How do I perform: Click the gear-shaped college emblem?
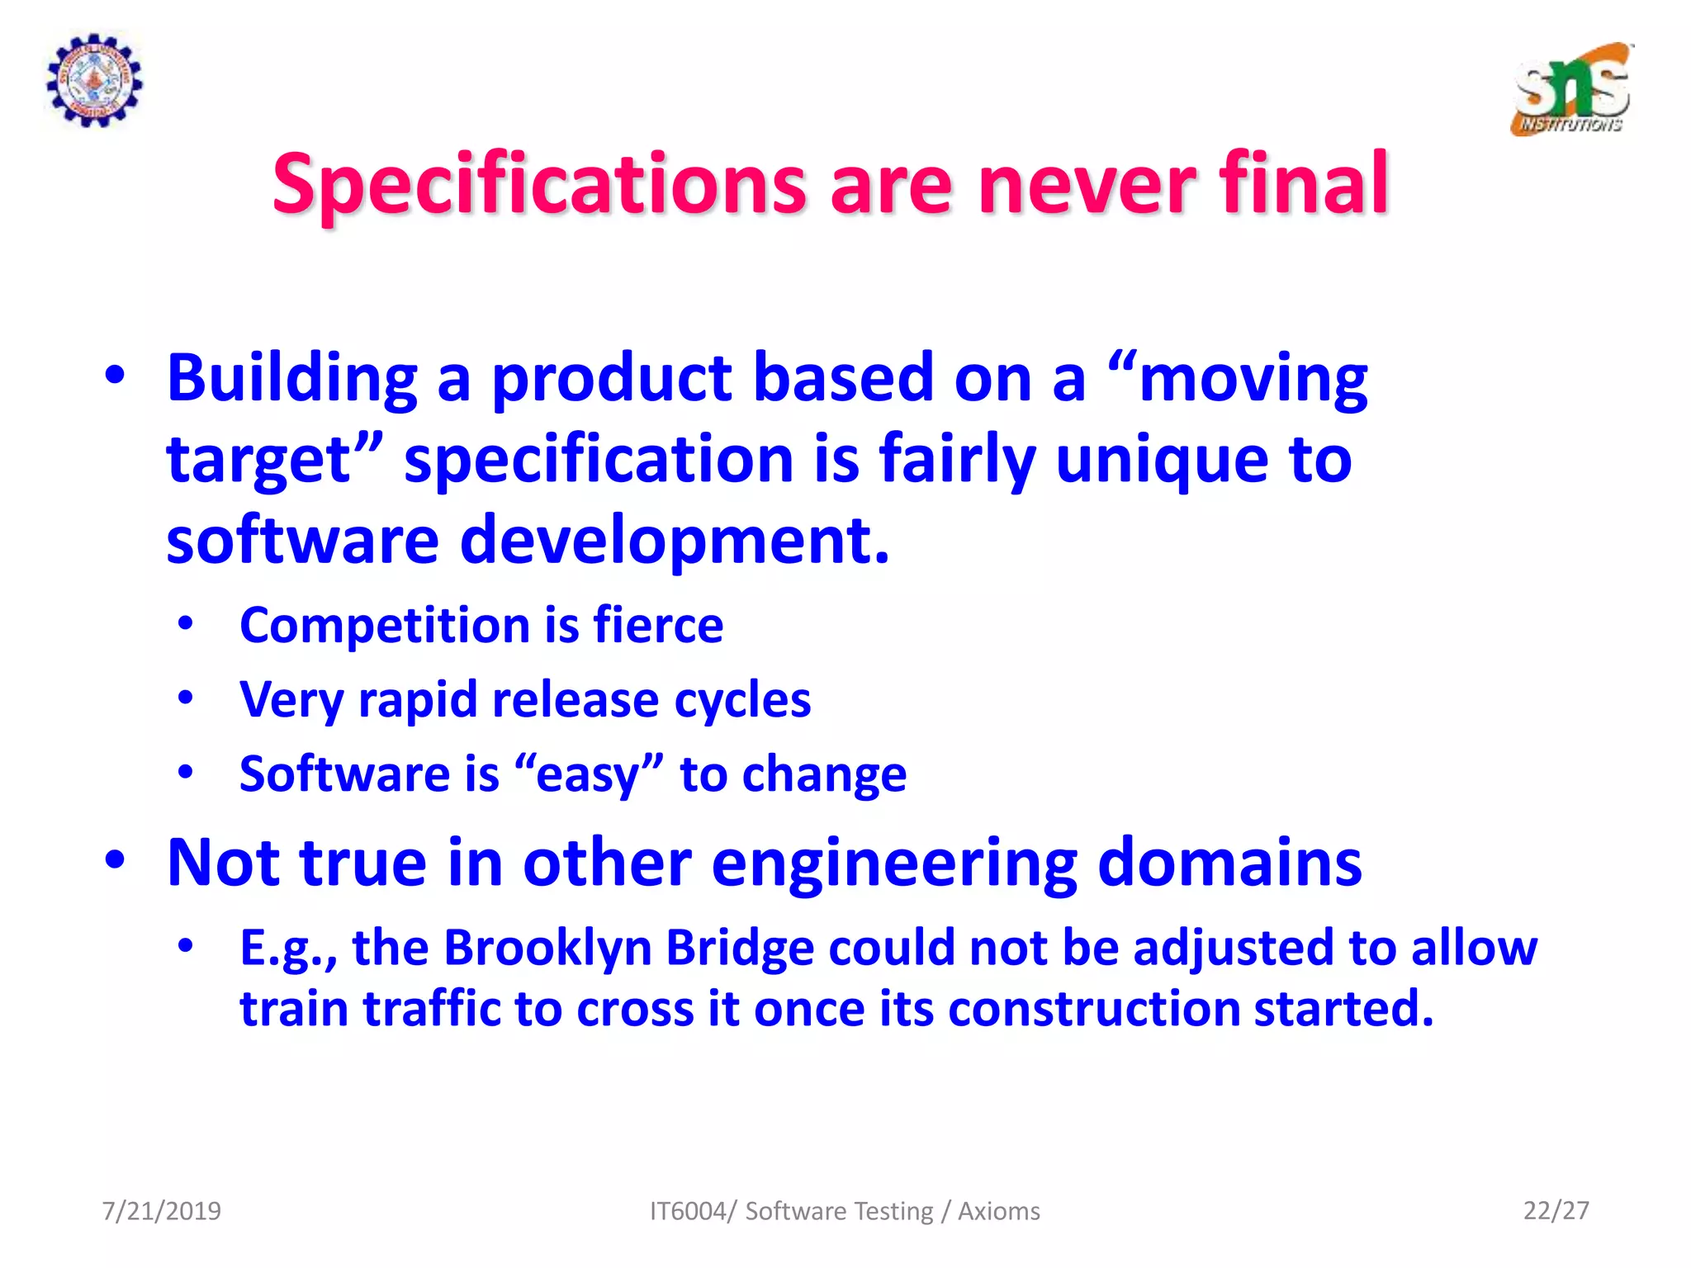click(93, 80)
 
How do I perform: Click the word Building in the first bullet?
click(292, 378)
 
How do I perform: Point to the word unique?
click(1162, 459)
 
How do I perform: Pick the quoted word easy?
click(588, 774)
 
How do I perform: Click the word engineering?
click(894, 863)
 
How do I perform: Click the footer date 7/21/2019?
click(161, 1210)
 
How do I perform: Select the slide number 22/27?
click(1556, 1210)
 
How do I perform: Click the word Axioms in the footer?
click(998, 1210)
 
